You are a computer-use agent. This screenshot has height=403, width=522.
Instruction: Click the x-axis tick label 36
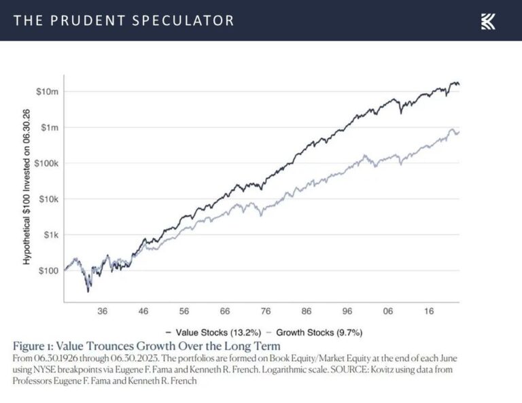[x=103, y=311]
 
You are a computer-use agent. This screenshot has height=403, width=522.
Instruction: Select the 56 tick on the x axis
[x=184, y=311]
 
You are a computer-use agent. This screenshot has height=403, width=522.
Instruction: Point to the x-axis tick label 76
[x=266, y=311]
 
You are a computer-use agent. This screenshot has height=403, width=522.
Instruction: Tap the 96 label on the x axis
[x=347, y=311]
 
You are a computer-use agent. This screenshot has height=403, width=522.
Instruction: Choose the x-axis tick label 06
[x=388, y=311]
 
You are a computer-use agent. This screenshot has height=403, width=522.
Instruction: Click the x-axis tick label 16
[x=429, y=311]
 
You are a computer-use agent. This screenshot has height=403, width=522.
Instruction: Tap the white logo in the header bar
[x=488, y=21]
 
